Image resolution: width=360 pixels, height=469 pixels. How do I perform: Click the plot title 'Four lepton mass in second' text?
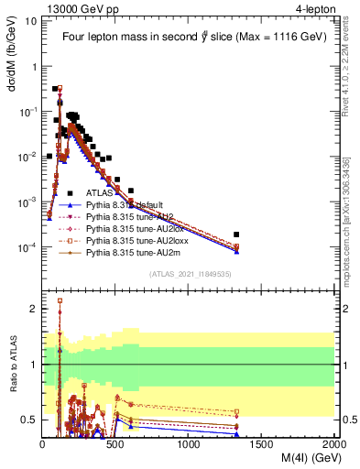[125, 38]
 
